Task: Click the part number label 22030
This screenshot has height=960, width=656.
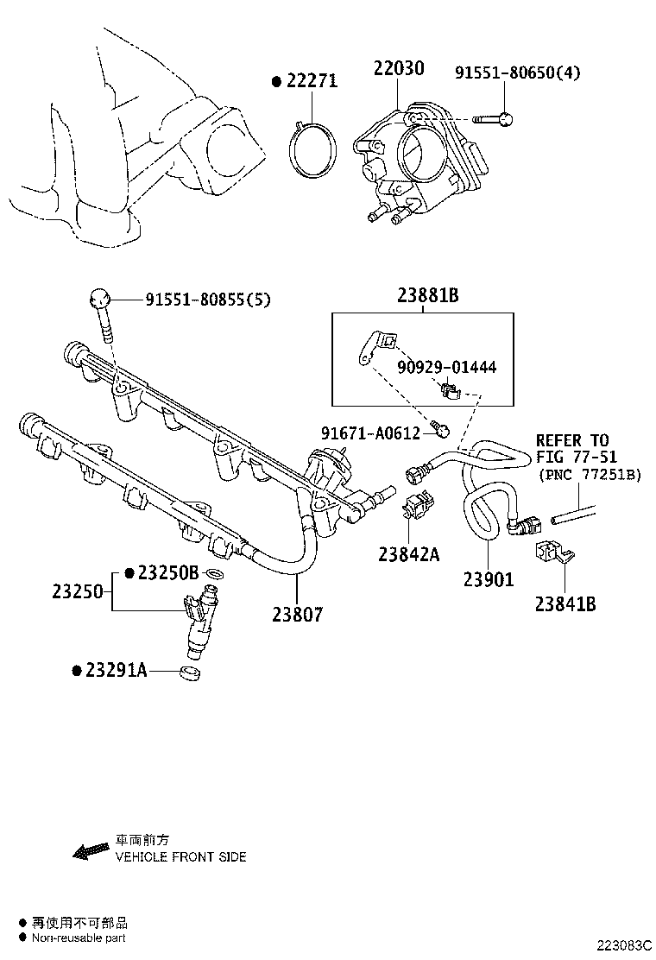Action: pyautogui.click(x=398, y=68)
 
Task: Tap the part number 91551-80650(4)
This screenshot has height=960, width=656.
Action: pyautogui.click(x=517, y=73)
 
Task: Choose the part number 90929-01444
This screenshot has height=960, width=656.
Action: pyautogui.click(x=446, y=367)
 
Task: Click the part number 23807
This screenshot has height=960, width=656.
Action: pyautogui.click(x=297, y=615)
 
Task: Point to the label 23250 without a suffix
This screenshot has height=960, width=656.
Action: pyautogui.click(x=77, y=592)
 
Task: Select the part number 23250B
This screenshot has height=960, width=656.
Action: pyautogui.click(x=168, y=572)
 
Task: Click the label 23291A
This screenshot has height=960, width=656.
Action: pyautogui.click(x=116, y=670)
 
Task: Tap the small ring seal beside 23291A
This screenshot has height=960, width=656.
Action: pyautogui.click(x=192, y=672)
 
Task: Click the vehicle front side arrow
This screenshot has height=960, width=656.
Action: pyautogui.click(x=90, y=852)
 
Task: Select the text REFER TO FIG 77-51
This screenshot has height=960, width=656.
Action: pyautogui.click(x=571, y=448)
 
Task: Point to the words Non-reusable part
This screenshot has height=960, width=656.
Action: pyautogui.click(x=79, y=938)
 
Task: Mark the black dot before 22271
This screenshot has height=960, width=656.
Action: pyautogui.click(x=276, y=82)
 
